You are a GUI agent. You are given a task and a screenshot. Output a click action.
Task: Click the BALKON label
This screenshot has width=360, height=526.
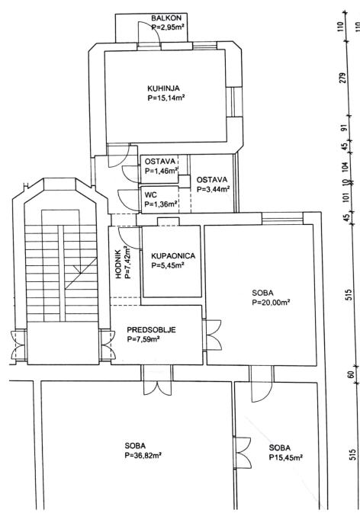pos(166,18)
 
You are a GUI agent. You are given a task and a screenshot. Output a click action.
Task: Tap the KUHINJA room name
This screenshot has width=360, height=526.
pos(163,88)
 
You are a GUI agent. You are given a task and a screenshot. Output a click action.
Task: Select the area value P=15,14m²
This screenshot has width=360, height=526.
pos(166,98)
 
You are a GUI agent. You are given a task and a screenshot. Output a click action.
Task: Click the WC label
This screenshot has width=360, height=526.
pos(151,195)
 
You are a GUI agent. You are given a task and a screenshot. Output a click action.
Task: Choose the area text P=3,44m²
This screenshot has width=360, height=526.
pos(214,189)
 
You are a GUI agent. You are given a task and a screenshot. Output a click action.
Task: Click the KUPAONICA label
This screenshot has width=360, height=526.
pos(173,256)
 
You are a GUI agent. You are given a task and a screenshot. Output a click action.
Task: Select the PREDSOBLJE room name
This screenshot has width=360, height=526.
pos(151,330)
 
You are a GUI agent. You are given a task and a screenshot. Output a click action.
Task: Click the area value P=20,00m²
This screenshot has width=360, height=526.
pos(271,302)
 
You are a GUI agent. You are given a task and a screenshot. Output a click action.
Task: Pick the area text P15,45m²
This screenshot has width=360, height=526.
pos(286,457)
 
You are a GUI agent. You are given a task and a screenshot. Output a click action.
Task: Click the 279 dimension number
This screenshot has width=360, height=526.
pos(342,79)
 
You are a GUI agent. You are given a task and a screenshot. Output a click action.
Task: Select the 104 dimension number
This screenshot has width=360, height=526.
pos(347,167)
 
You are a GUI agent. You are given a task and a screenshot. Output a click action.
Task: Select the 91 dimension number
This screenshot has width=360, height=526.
pos(343,129)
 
